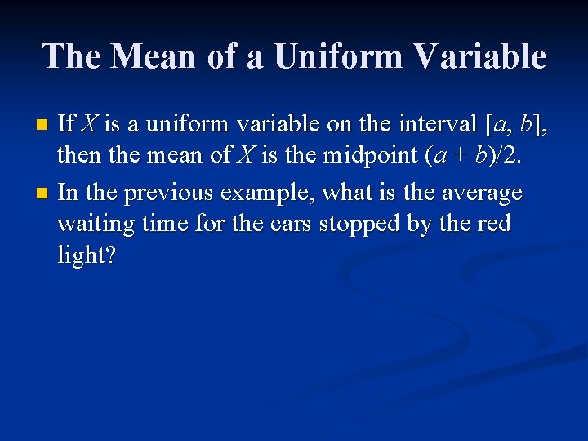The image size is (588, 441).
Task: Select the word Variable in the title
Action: (x=481, y=56)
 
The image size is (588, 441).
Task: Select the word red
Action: (x=492, y=224)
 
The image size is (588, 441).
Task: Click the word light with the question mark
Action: (x=86, y=255)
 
